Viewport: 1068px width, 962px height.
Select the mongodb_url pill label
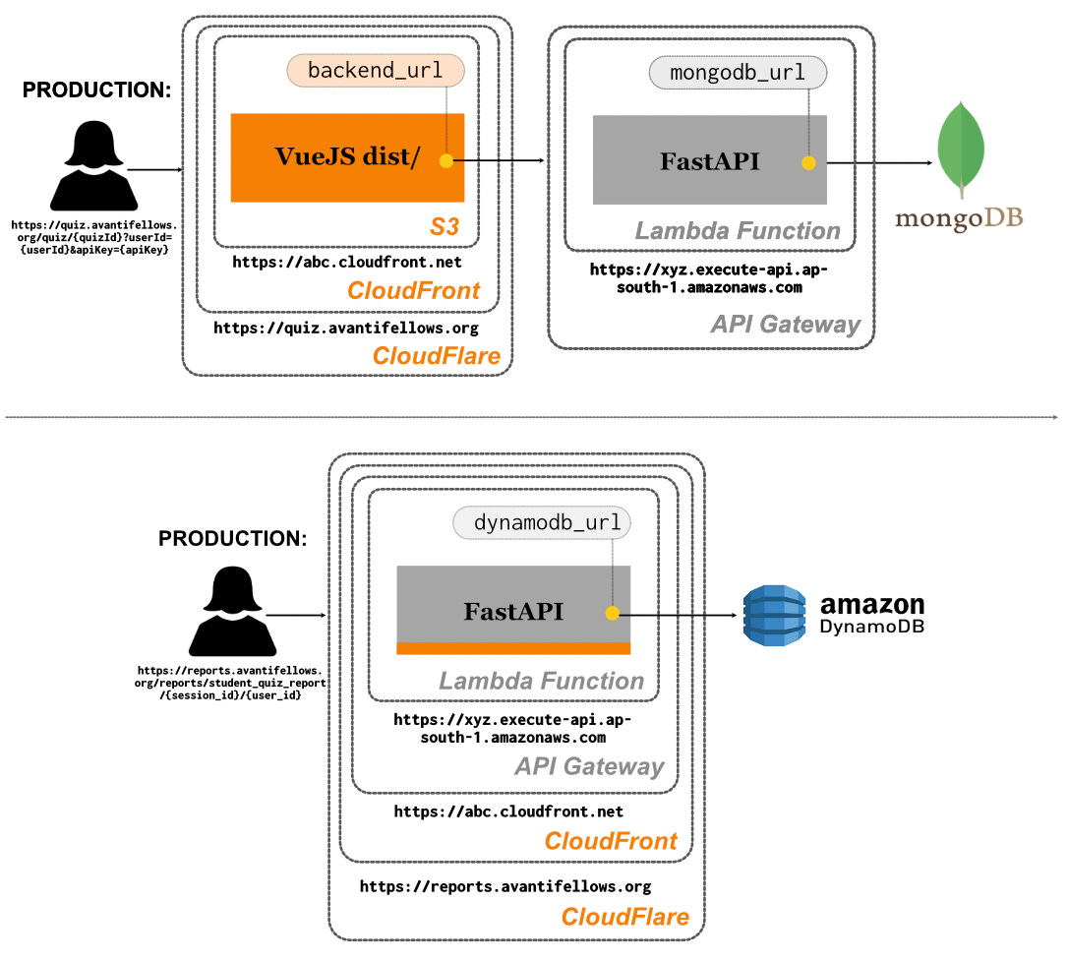click(x=738, y=73)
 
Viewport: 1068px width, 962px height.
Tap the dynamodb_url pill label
click(x=541, y=523)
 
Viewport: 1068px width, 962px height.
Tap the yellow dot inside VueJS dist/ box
click(x=445, y=160)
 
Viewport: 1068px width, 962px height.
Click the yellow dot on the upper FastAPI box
click(x=808, y=162)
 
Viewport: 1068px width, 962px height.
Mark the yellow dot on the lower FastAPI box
click(x=612, y=613)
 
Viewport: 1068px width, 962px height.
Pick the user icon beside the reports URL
click(x=231, y=615)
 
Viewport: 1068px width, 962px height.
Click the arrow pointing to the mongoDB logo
click(x=880, y=162)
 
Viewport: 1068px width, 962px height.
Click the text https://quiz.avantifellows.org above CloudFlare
click(x=346, y=328)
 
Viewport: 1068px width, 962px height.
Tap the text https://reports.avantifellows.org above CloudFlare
click(x=504, y=886)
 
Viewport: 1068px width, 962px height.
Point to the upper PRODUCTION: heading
click(x=96, y=90)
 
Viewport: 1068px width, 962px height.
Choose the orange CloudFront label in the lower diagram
click(x=611, y=841)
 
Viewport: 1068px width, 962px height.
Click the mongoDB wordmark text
click(x=959, y=217)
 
